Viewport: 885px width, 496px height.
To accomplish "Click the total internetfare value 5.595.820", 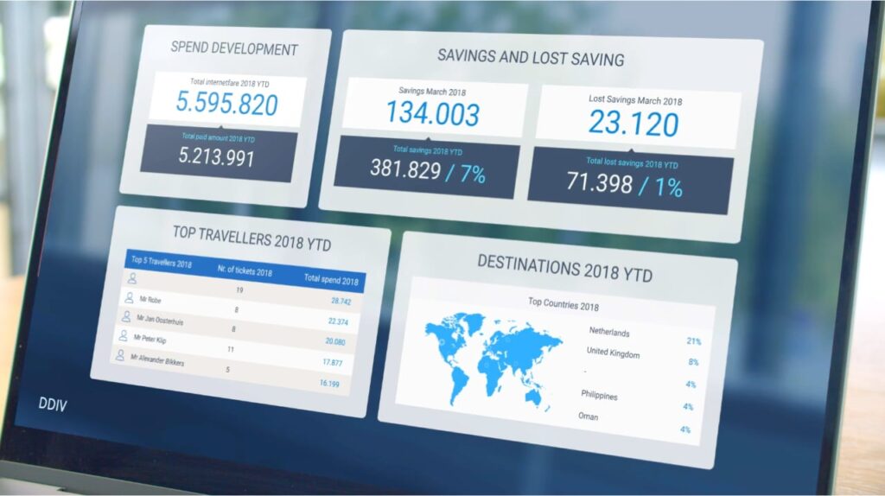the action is (x=227, y=104).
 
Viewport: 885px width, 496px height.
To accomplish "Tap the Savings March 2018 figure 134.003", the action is (x=433, y=113).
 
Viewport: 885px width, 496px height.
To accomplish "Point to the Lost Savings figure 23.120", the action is (x=634, y=123).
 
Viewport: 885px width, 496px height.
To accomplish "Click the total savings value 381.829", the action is (x=405, y=169).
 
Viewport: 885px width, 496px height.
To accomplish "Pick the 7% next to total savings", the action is (x=473, y=174).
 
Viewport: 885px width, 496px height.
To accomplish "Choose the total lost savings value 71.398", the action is (x=600, y=183).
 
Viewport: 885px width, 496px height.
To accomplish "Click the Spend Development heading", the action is (x=234, y=48).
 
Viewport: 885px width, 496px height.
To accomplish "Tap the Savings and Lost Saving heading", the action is (x=531, y=57).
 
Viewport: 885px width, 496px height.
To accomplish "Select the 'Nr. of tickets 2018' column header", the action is (x=245, y=271).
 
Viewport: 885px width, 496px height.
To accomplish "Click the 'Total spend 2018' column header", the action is (x=331, y=279).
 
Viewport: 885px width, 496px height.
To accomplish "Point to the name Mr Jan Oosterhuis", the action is (x=160, y=320).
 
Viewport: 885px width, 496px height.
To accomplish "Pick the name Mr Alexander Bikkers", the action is (x=157, y=359).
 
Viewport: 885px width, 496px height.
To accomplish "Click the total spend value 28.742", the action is (x=341, y=301).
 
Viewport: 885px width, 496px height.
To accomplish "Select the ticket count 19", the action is (x=240, y=290).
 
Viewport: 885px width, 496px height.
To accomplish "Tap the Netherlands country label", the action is (x=609, y=332).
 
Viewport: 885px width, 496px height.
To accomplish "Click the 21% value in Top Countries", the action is (x=694, y=340).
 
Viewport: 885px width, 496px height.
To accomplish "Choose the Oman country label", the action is (x=588, y=417).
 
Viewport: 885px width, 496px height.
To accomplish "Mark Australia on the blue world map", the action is (x=535, y=397).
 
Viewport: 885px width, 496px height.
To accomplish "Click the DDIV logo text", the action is (x=53, y=404).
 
